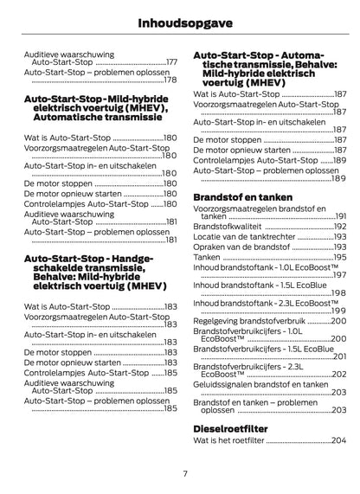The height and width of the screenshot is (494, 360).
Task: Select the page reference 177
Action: click(x=171, y=62)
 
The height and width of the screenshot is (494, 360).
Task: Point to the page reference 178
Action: click(x=171, y=80)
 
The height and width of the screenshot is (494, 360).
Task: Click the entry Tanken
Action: click(x=207, y=257)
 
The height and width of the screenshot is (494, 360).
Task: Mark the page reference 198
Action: click(x=339, y=293)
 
